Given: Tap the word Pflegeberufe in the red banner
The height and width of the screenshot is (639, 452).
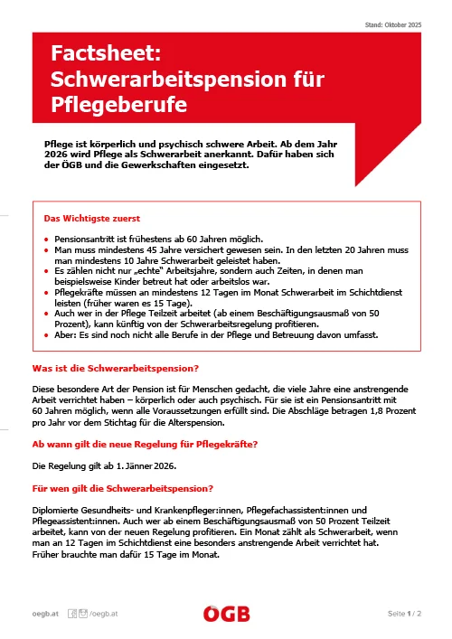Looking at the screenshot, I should (x=119, y=104).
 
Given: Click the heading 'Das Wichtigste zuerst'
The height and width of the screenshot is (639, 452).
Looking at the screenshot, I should (x=92, y=218).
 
